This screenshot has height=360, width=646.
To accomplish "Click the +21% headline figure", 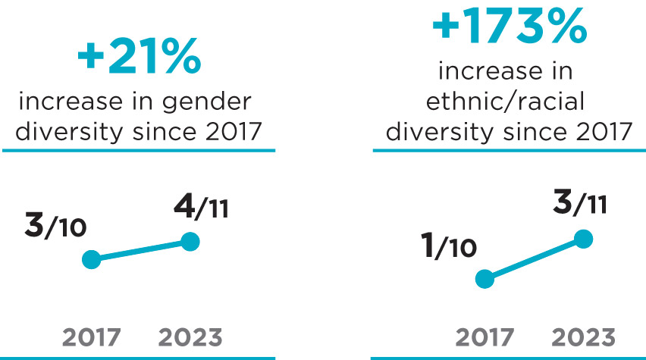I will pyautogui.click(x=139, y=58).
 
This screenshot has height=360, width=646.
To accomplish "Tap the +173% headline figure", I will pyautogui.click(x=509, y=27).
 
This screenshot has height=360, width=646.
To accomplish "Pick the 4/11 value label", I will pyautogui.click(x=200, y=207).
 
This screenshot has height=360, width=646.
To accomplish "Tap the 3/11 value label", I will pyautogui.click(x=579, y=203).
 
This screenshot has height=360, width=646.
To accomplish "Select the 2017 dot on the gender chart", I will pyautogui.click(x=91, y=260).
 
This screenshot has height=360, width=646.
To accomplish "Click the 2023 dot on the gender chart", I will pyautogui.click(x=190, y=242).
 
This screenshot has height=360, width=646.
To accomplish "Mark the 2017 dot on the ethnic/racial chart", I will pyautogui.click(x=484, y=279).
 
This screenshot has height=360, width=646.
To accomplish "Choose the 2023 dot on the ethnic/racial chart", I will pyautogui.click(x=582, y=239).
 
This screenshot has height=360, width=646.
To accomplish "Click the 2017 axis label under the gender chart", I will pyautogui.click(x=91, y=337).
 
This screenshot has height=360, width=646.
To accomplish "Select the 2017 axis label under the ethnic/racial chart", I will pyautogui.click(x=484, y=337).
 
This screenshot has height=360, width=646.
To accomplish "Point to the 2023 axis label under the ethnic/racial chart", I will pyautogui.click(x=583, y=337).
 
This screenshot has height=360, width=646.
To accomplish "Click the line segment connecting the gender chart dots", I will pyautogui.click(x=140, y=251).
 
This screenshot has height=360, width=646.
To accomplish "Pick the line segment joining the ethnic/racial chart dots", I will pyautogui.click(x=533, y=259).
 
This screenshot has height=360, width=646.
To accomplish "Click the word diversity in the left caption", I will pyautogui.click(x=62, y=132).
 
